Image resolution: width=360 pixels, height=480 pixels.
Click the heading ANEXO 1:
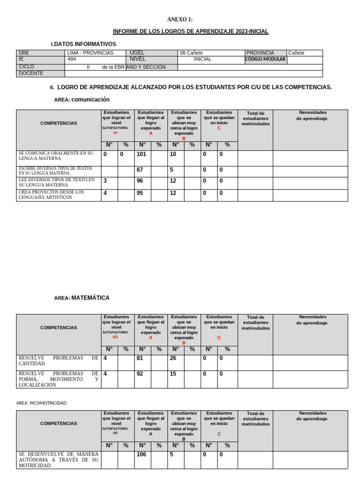[180, 19]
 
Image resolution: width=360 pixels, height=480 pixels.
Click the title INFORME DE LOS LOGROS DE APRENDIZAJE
[191, 31]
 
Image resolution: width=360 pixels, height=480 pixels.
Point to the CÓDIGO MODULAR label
[265, 60]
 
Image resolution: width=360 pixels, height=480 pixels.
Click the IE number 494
[72, 60]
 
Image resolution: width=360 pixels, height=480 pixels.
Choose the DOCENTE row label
[31, 74]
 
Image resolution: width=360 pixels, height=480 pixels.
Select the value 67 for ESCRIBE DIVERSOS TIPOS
[140, 170]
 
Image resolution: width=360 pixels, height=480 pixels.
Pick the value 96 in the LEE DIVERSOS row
[140, 181]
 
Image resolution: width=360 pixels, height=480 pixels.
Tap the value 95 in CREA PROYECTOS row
[140, 193]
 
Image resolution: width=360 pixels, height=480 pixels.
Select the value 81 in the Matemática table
[140, 358]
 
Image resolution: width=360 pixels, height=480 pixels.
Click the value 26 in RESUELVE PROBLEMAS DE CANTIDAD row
[173, 358]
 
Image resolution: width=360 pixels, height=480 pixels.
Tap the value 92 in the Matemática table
[140, 374]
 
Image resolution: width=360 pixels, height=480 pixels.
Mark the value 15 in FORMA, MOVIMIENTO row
[173, 374]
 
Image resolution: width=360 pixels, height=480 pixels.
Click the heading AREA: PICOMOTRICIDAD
[41, 403]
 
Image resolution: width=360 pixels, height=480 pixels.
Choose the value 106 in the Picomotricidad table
[142, 454]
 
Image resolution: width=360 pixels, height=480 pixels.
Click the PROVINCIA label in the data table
[260, 53]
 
